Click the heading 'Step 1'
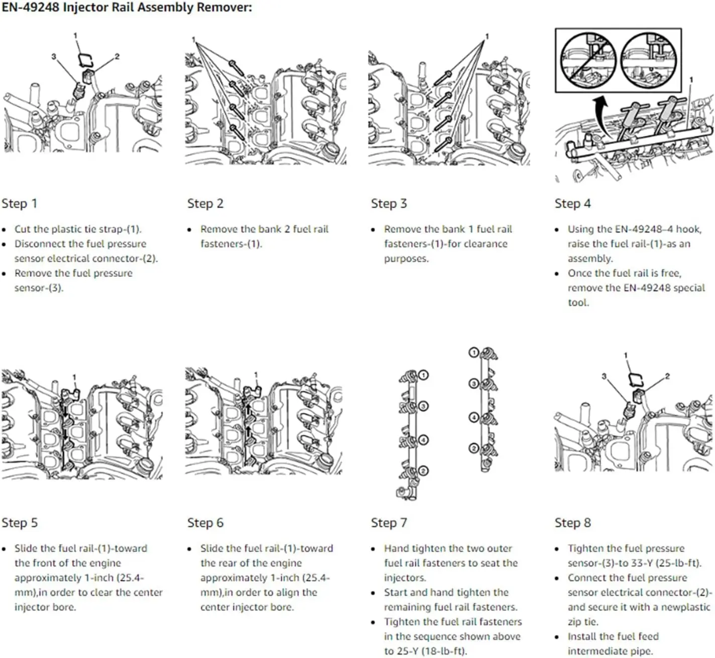coord(19,204)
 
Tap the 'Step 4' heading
coord(572,204)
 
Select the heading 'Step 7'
coord(389,523)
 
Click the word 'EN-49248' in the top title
coord(30,8)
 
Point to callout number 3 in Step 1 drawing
coord(53,57)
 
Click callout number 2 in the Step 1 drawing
coord(117,57)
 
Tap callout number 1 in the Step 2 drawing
coord(193,40)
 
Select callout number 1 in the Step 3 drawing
coord(487,36)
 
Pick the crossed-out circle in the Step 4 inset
coord(587,60)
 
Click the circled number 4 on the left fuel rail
coord(424,440)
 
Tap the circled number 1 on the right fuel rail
coord(473,353)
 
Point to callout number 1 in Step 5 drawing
coord(74,377)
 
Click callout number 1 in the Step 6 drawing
coord(256,375)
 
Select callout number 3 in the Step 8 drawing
coord(604,376)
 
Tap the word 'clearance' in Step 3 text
coord(482,244)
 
